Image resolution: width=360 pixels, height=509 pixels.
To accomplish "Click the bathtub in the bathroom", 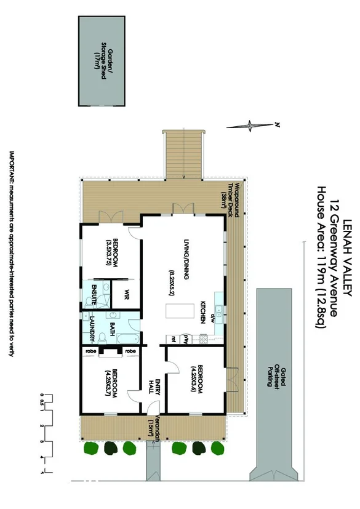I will [126, 339].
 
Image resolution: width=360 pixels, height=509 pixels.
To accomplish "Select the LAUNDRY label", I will [92, 329].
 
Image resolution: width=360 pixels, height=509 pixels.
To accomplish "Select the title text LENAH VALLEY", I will [347, 258].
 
